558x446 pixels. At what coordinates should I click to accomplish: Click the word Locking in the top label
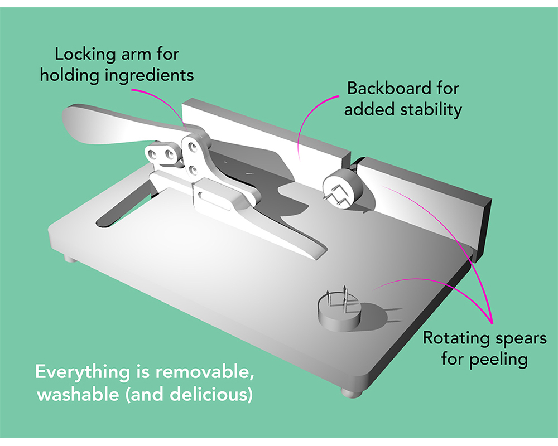coord(86,55)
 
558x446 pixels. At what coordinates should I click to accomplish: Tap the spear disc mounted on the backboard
coord(343,189)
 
